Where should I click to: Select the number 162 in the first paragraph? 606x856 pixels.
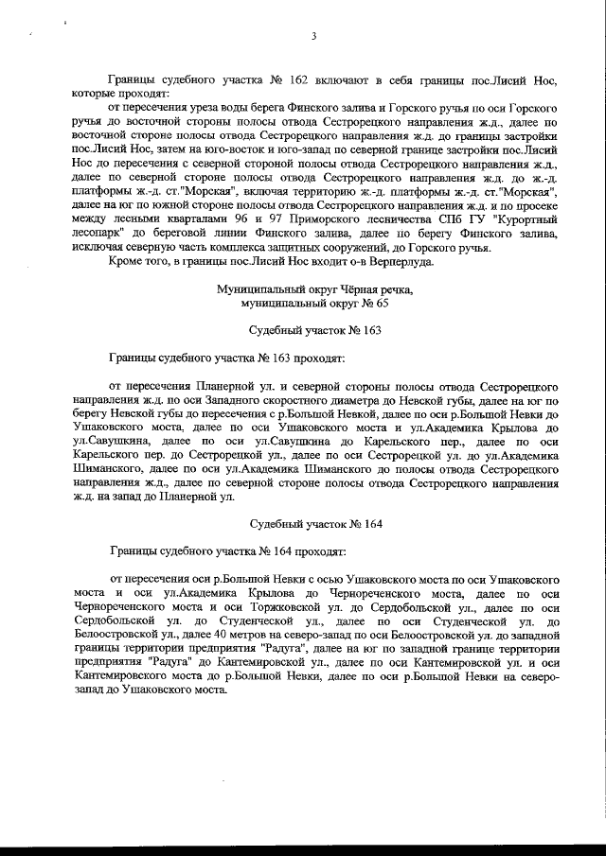point(267,81)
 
